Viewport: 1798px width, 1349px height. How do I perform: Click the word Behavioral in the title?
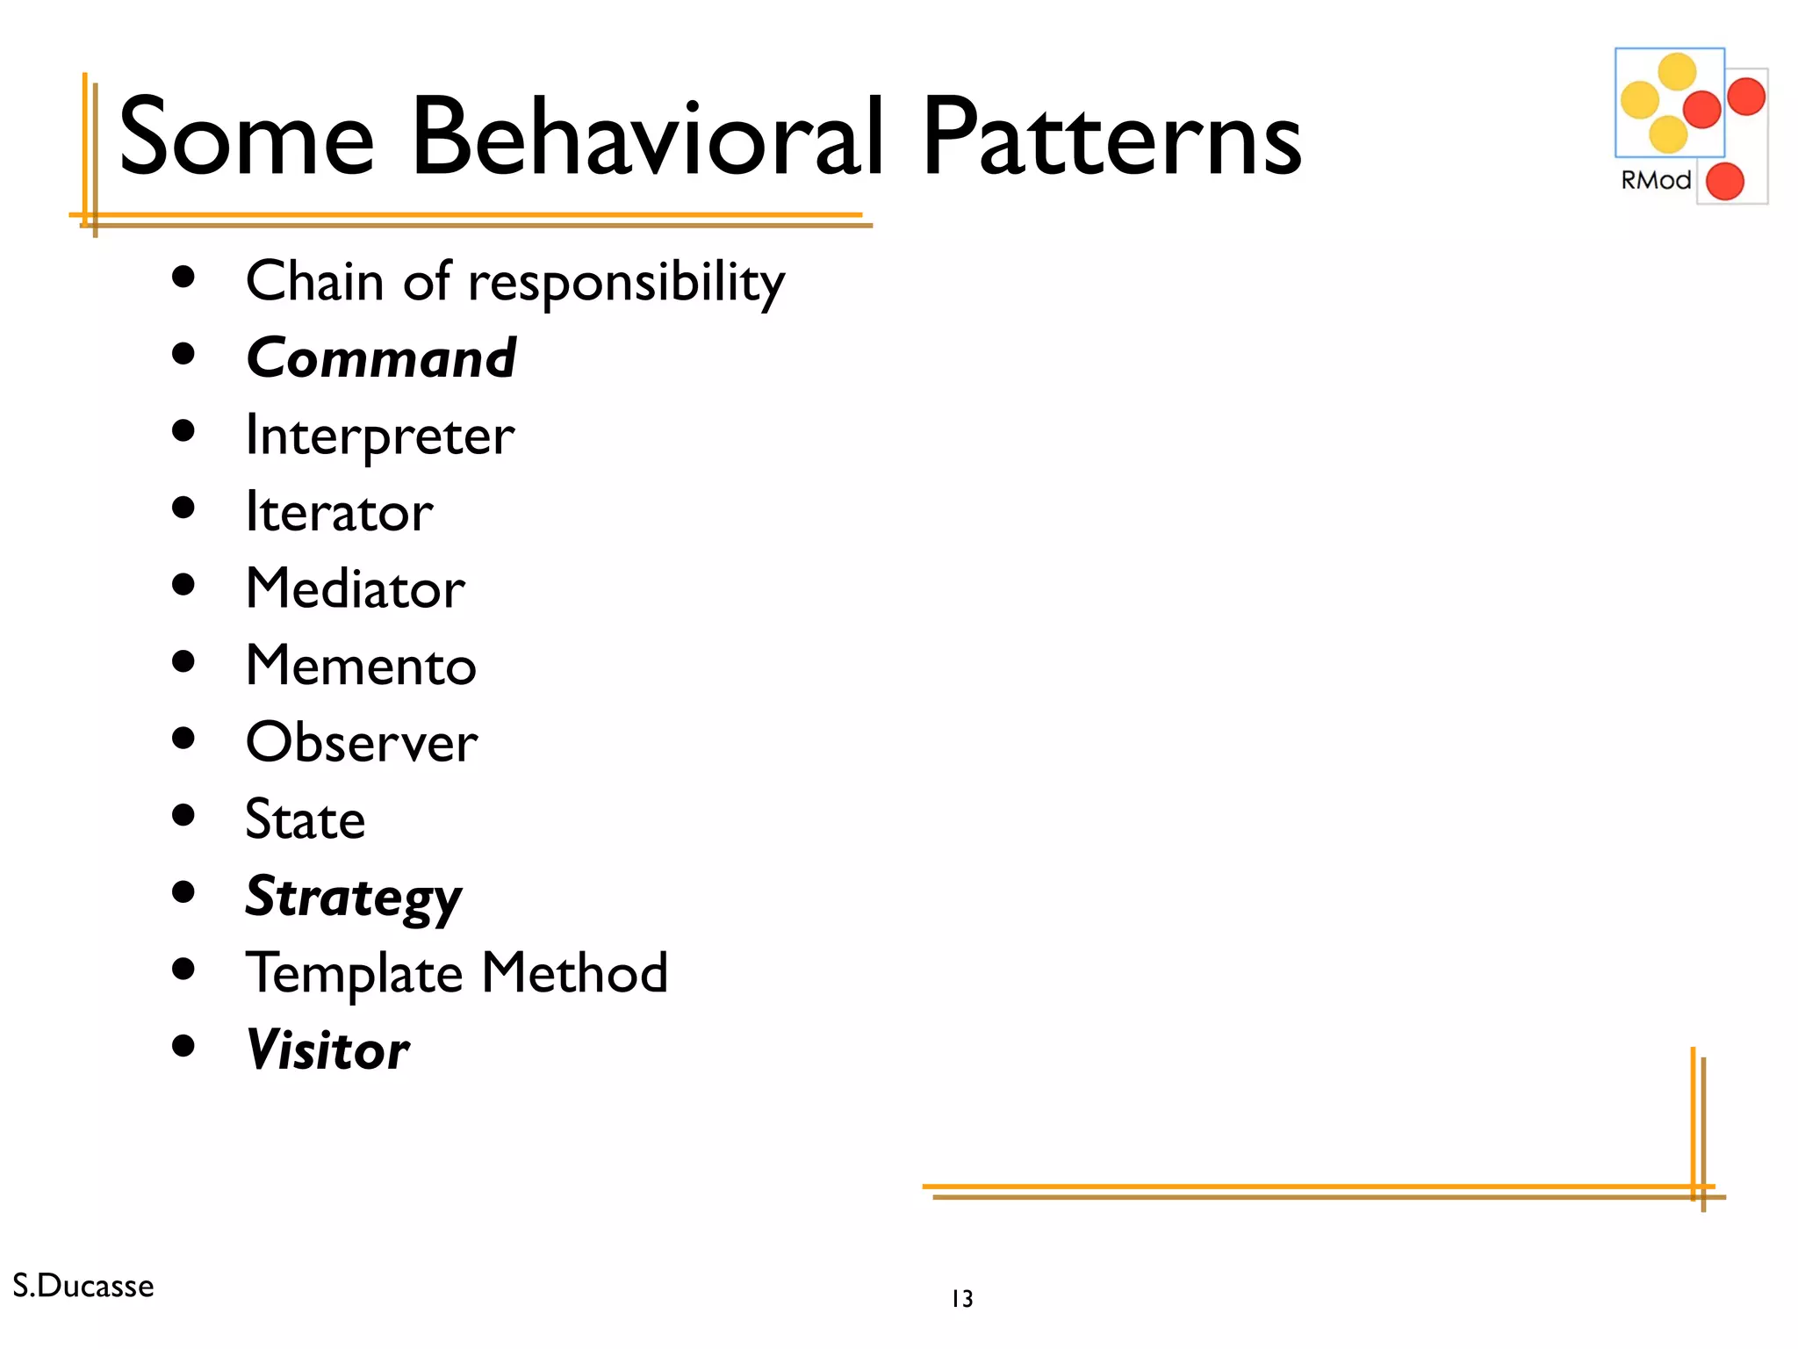pyautogui.click(x=648, y=139)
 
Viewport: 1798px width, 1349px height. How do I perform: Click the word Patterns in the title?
pyautogui.click(x=1111, y=139)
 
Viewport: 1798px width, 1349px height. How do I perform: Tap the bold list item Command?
pyautogui.click(x=381, y=358)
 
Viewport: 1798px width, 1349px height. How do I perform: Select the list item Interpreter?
pyautogui.click(x=380, y=436)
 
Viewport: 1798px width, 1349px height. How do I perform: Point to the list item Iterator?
pyautogui.click(x=339, y=512)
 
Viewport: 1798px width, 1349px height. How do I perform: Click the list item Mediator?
pyautogui.click(x=355, y=588)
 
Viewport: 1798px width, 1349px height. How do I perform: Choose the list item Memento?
pyautogui.click(x=361, y=666)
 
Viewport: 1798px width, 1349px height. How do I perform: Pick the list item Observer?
pyautogui.click(x=362, y=743)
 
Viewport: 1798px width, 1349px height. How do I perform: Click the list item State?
pyautogui.click(x=305, y=819)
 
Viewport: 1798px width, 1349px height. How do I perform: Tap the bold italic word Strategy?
pyautogui.click(x=353, y=897)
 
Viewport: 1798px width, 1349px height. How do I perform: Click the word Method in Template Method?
pyautogui.click(x=575, y=973)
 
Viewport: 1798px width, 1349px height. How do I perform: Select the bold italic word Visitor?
pyautogui.click(x=327, y=1050)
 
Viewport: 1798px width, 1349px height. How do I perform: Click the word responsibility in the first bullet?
pyautogui.click(x=626, y=283)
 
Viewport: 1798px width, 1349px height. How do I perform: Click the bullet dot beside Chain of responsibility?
pyautogui.click(x=183, y=278)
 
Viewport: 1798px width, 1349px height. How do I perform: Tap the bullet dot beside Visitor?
pyautogui.click(x=183, y=1046)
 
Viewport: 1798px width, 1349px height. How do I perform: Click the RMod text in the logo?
pyautogui.click(x=1655, y=180)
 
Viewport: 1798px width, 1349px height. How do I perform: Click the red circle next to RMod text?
pyautogui.click(x=1724, y=182)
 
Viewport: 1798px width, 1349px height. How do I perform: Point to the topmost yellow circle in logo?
pyautogui.click(x=1676, y=72)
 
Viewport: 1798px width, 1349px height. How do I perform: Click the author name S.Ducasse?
pyautogui.click(x=83, y=1286)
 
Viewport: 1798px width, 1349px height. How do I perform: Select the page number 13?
pyautogui.click(x=962, y=1299)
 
